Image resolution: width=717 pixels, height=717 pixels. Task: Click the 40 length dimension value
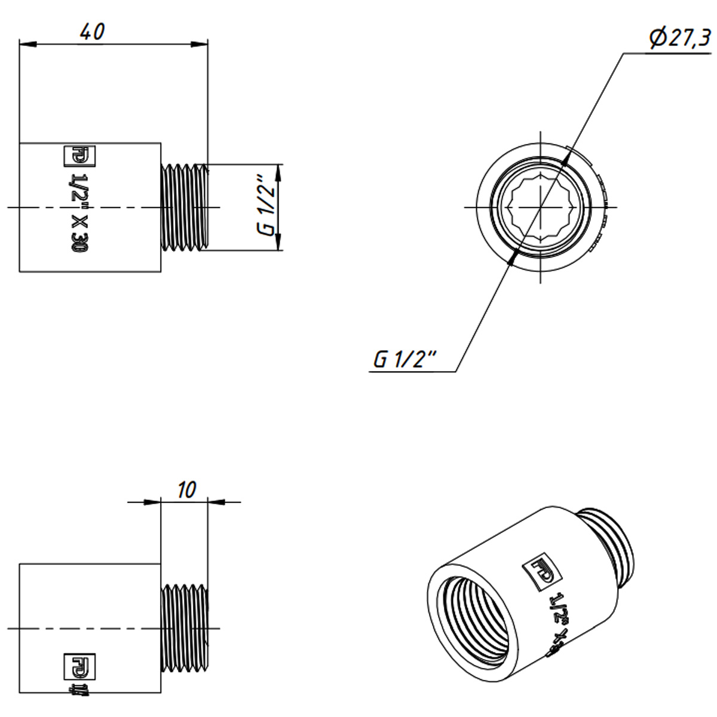pyautogui.click(x=93, y=32)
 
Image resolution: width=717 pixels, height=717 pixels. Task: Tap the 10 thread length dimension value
pyautogui.click(x=186, y=491)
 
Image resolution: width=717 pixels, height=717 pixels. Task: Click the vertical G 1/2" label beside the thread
pyautogui.click(x=267, y=207)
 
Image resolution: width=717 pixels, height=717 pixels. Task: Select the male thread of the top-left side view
pyautogui.click(x=184, y=207)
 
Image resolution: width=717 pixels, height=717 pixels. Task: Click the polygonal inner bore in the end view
pyautogui.click(x=540, y=207)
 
